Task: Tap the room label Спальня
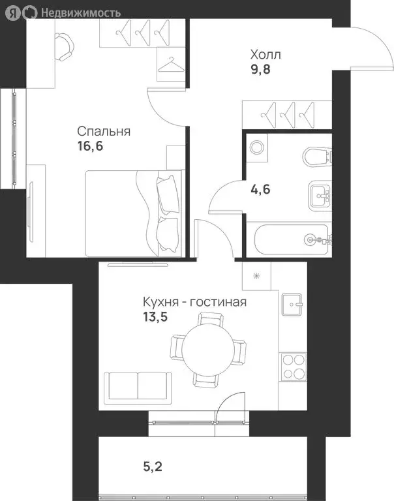pos(104,132)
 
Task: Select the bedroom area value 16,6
pos(90,146)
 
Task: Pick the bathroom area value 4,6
pos(260,190)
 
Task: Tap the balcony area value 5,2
pos(155,467)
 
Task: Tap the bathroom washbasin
pos(319,193)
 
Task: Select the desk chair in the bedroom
pos(66,46)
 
